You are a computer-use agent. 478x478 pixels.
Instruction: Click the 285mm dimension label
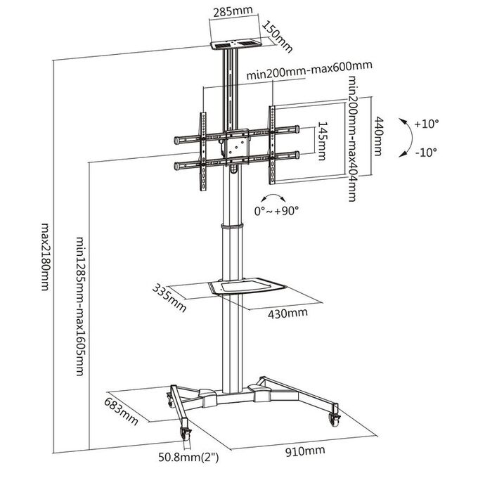click(x=233, y=11)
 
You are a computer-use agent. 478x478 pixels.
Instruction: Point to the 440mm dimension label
click(x=378, y=136)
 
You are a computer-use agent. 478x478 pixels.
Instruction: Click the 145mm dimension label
click(x=322, y=141)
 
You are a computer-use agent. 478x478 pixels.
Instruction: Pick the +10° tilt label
click(x=426, y=124)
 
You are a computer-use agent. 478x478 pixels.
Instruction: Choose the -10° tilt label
click(x=426, y=152)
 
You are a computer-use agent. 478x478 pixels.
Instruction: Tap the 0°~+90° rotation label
click(x=276, y=211)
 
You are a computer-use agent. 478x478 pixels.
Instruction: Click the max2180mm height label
click(x=46, y=257)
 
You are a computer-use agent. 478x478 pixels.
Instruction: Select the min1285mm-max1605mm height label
click(x=80, y=306)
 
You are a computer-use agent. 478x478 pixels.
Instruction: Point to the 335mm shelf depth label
click(x=169, y=298)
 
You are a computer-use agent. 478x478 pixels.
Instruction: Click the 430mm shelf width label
click(x=288, y=313)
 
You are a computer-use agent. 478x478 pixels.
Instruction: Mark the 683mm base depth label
click(x=121, y=411)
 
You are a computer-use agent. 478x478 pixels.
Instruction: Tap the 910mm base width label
click(x=305, y=451)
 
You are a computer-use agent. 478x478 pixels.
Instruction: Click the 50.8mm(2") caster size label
click(x=188, y=457)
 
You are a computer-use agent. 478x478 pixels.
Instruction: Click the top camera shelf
click(x=236, y=44)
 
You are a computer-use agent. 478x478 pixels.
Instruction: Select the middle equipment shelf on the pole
click(x=247, y=286)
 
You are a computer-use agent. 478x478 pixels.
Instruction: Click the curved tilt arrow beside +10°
click(x=408, y=138)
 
